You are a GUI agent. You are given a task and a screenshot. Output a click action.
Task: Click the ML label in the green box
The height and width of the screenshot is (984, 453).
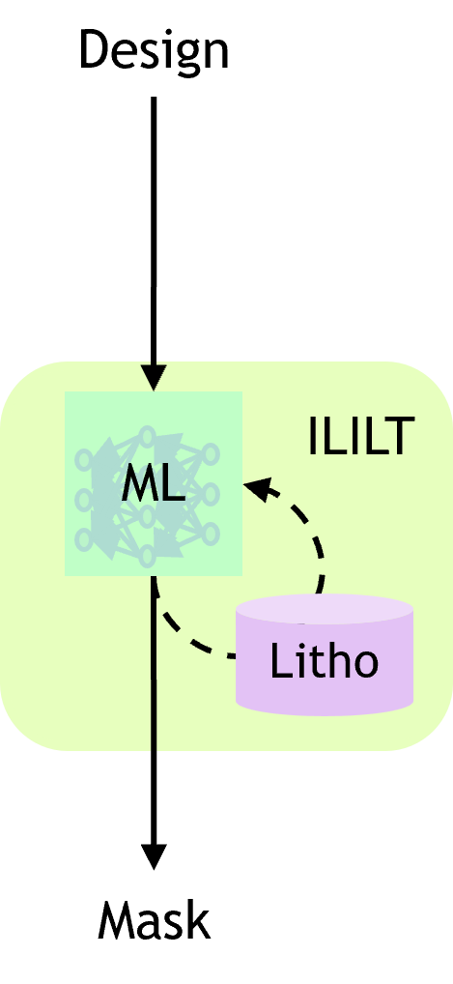pyautogui.click(x=153, y=484)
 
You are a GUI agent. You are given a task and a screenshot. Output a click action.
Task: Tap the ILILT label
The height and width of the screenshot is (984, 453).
pyautogui.click(x=360, y=437)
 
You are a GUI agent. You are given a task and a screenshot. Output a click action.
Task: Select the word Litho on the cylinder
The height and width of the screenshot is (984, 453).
pyautogui.click(x=324, y=663)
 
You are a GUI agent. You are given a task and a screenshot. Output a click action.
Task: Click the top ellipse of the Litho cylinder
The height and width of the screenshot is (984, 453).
pyautogui.click(x=325, y=609)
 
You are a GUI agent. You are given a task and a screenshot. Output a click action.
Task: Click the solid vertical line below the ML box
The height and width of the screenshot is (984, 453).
pyautogui.click(x=154, y=677)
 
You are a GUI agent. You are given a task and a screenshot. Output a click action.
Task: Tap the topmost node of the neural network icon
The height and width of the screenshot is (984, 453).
pyautogui.click(x=147, y=437)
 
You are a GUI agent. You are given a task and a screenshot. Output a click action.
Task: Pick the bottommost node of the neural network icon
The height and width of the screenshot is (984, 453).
pyautogui.click(x=147, y=556)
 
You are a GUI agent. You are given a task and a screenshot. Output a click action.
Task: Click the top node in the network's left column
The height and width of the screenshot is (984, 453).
pyautogui.click(x=84, y=459)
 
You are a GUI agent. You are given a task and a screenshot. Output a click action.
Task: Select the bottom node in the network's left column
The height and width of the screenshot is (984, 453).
pyautogui.click(x=84, y=538)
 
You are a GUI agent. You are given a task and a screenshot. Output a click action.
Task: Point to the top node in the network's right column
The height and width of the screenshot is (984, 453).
pyautogui.click(x=211, y=453)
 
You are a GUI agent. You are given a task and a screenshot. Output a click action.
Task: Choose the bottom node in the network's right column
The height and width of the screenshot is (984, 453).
pyautogui.click(x=211, y=534)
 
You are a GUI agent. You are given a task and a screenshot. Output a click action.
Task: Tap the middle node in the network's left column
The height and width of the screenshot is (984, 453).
pyautogui.click(x=84, y=500)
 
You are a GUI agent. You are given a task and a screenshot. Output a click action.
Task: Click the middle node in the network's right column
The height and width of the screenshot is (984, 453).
pyautogui.click(x=211, y=494)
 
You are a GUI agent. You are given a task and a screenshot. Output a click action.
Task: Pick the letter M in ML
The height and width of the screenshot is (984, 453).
pyautogui.click(x=138, y=484)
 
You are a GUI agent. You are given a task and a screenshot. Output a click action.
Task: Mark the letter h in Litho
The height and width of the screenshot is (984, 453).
pyautogui.click(x=340, y=662)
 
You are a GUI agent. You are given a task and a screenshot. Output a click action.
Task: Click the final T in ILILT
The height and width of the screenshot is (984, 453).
pyautogui.click(x=402, y=437)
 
